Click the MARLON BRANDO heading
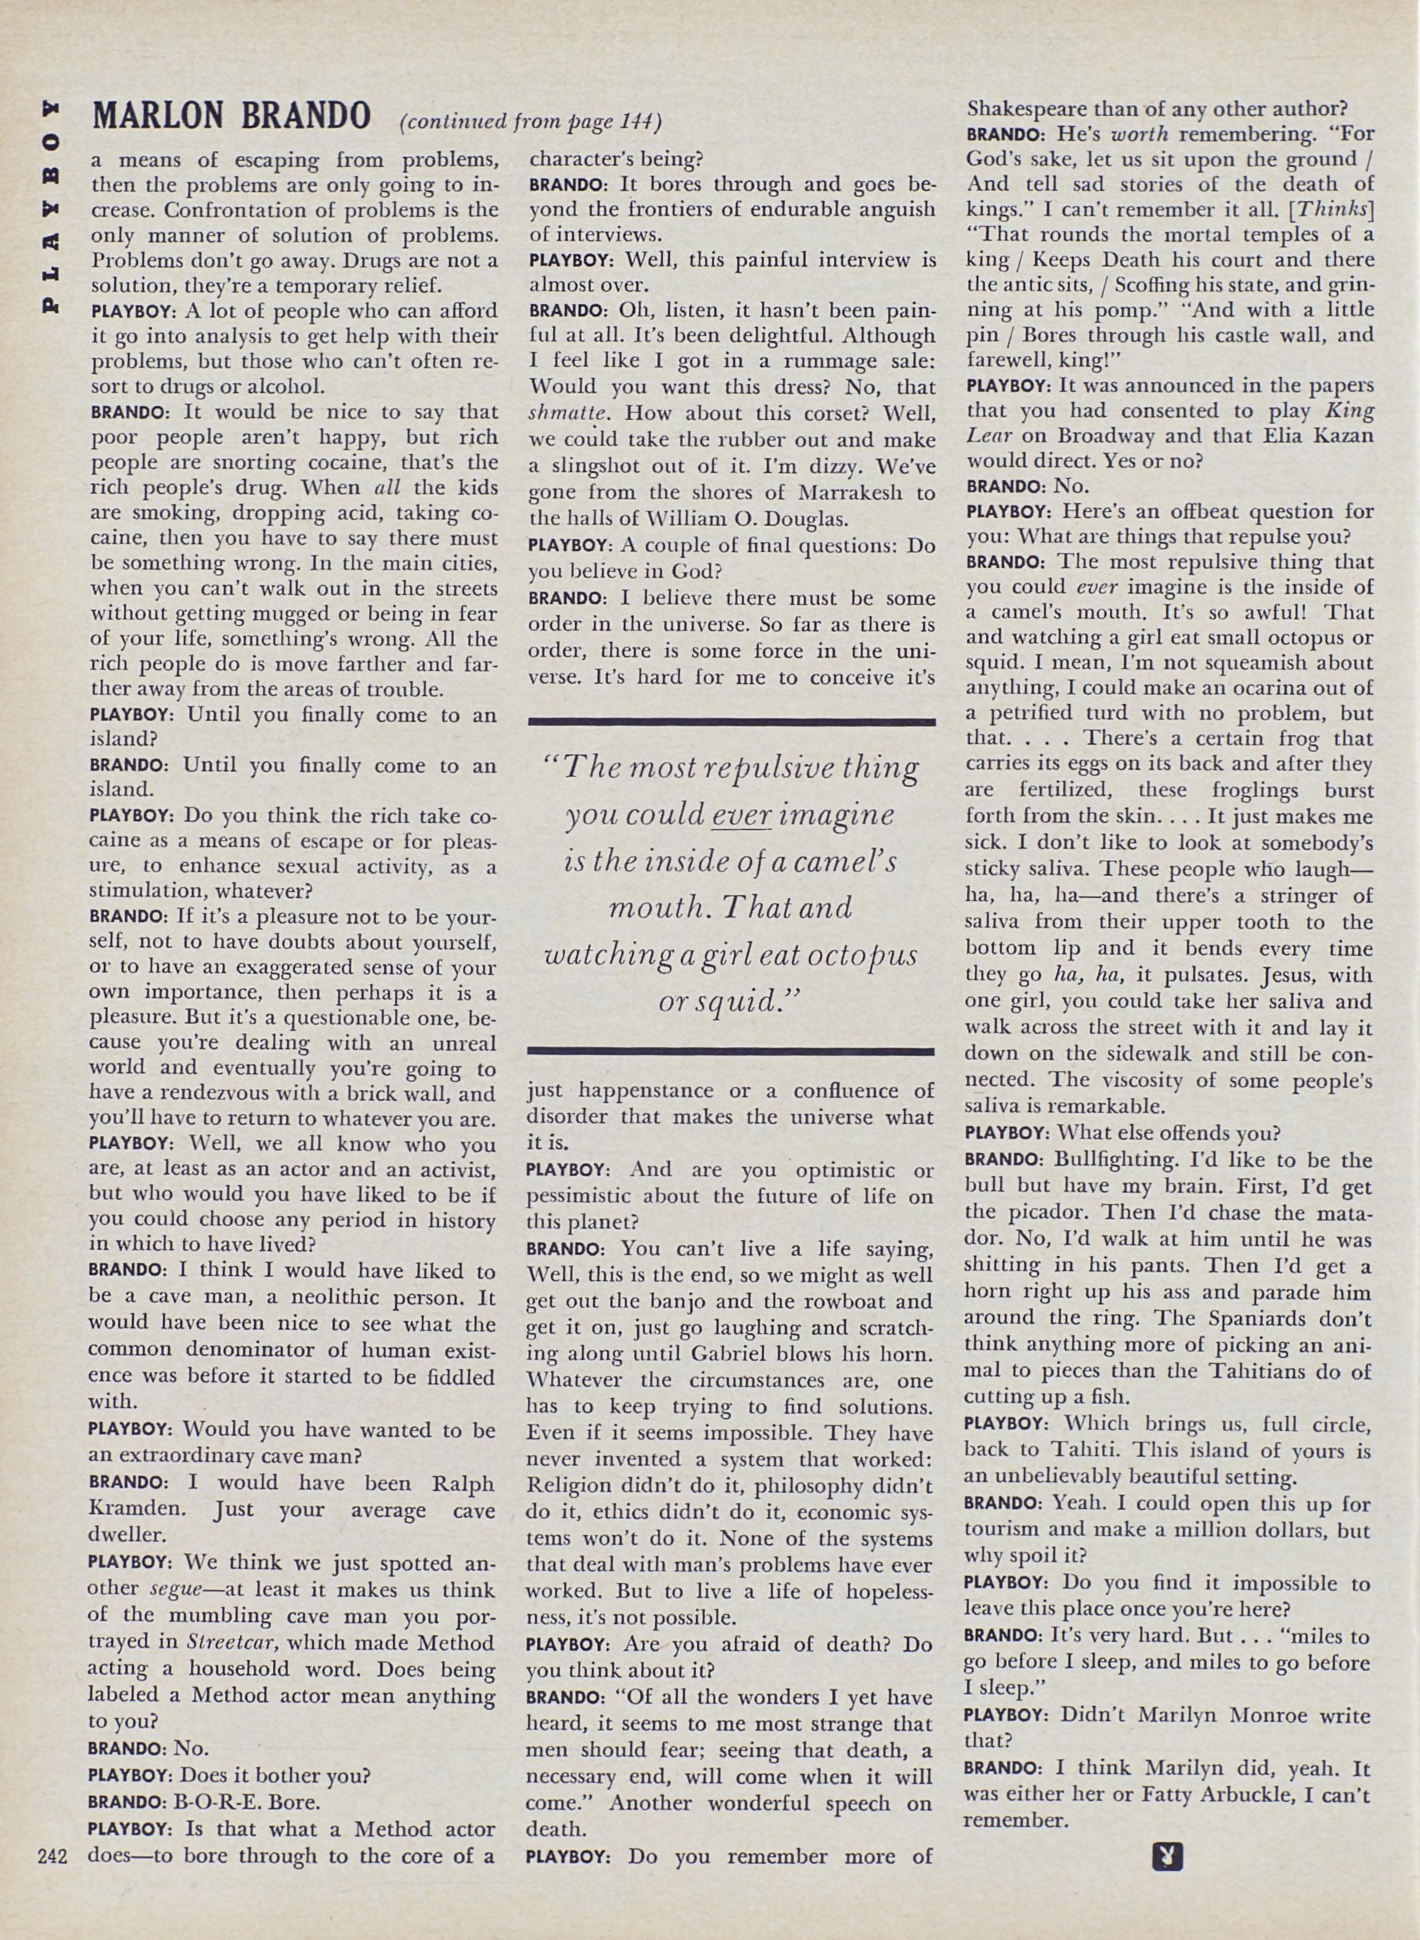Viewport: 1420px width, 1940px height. tap(231, 115)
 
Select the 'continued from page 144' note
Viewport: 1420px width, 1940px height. tap(530, 121)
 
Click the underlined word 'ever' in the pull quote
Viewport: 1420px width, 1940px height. tap(741, 814)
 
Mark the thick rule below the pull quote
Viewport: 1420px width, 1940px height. tap(732, 1051)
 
